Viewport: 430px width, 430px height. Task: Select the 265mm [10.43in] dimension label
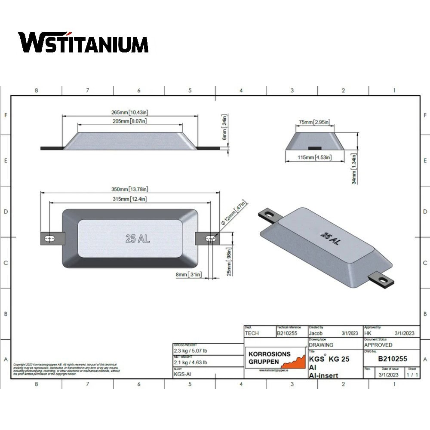(x=130, y=112)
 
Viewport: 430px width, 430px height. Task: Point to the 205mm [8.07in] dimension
(x=130, y=122)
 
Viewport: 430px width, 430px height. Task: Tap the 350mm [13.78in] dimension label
(x=130, y=189)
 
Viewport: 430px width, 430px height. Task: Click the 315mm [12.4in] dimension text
(x=130, y=199)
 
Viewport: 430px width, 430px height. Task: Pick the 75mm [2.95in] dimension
(x=314, y=122)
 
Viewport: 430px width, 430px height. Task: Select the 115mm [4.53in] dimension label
(x=314, y=157)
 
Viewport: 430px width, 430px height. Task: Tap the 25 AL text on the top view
(x=138, y=239)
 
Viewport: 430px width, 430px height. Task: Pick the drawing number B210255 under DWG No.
(x=392, y=359)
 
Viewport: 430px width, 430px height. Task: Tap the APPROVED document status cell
(x=378, y=345)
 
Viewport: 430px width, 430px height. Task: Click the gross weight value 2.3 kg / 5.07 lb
(x=190, y=350)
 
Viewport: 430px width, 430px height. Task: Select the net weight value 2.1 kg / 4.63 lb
(x=190, y=362)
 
